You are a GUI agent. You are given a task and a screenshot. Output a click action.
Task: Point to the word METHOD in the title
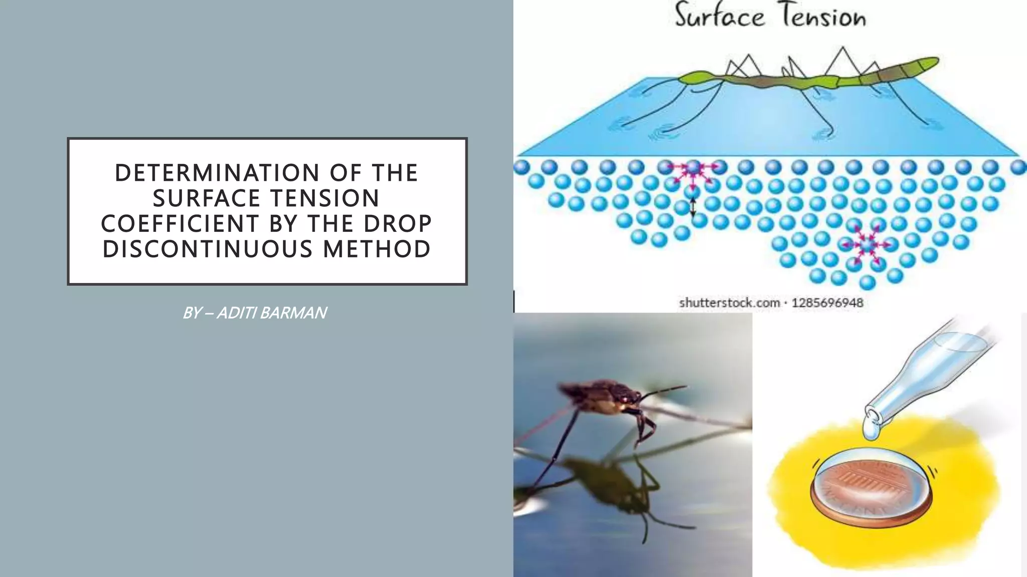tap(377, 249)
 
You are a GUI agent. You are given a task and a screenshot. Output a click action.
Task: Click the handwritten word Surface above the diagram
tap(720, 17)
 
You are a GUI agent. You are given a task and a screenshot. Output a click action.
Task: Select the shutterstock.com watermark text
tap(729, 303)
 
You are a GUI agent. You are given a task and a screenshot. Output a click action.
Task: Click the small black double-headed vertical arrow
tap(693, 207)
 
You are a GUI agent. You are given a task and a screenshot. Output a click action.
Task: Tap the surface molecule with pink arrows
tap(693, 168)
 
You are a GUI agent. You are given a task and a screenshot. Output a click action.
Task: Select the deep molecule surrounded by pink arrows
tap(866, 245)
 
